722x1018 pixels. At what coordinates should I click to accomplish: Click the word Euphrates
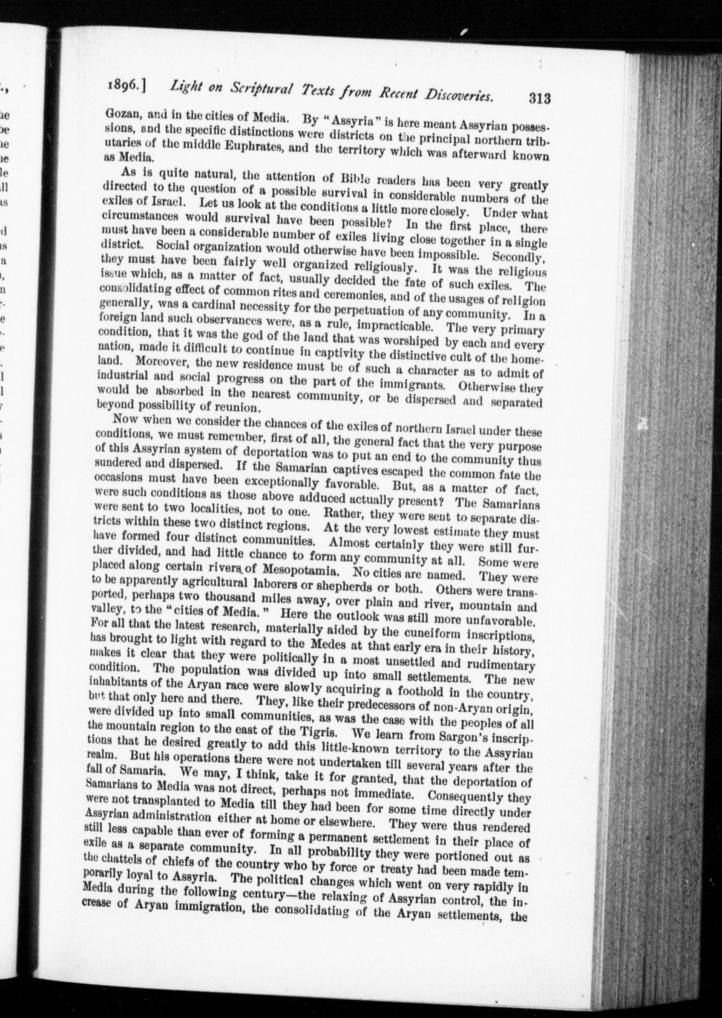pos(243,147)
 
